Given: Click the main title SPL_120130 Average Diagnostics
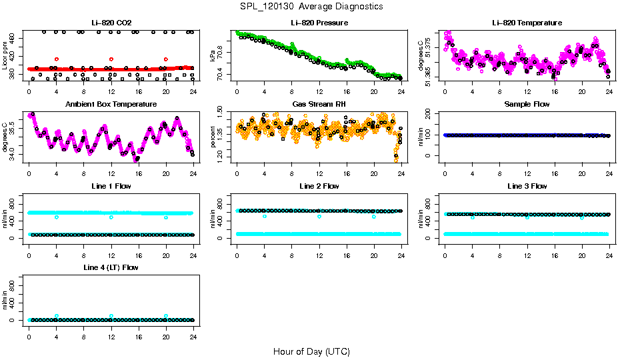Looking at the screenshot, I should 312,6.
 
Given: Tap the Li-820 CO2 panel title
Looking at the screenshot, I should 110,23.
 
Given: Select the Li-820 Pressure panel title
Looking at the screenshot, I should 319,23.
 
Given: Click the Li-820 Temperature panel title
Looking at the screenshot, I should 526,23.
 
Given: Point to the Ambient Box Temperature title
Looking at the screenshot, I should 110,105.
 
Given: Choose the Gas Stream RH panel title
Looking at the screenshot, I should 319,105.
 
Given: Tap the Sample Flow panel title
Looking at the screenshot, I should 526,105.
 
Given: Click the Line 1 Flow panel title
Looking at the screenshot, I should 110,186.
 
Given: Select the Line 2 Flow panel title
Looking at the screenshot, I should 319,186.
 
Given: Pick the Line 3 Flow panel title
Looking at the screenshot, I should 526,186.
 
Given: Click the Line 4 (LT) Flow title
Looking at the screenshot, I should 110,267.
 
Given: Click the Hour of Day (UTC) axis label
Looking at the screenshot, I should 311,351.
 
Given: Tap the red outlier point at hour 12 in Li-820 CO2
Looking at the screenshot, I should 111,59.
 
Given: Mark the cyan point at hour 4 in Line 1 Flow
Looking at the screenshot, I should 57,217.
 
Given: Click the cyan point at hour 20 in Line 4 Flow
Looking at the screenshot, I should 166,316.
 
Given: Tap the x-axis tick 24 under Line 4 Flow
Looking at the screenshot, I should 193,330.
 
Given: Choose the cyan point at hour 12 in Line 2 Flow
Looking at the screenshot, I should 319,217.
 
